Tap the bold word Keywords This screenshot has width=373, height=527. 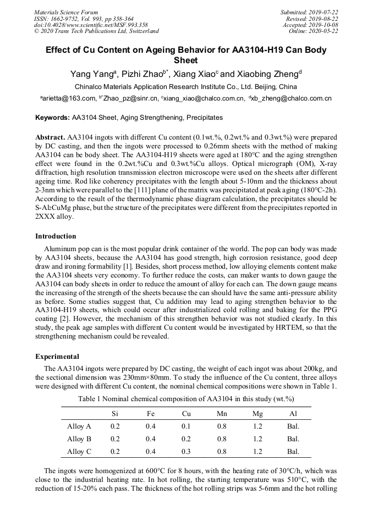[x=52, y=118]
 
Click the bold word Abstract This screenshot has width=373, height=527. [x=50, y=136]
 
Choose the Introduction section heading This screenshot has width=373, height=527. [x=56, y=236]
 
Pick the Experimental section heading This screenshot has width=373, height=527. [x=57, y=357]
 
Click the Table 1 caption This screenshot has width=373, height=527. [x=186, y=398]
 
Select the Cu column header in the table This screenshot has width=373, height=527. [x=186, y=413]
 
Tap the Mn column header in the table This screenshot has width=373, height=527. [x=222, y=413]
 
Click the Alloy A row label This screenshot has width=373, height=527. [x=79, y=426]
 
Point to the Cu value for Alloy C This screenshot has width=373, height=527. [x=186, y=452]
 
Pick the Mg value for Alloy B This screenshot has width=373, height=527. [x=257, y=439]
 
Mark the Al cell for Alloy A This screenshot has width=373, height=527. [x=293, y=426]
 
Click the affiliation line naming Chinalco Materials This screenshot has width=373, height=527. [x=186, y=87]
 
